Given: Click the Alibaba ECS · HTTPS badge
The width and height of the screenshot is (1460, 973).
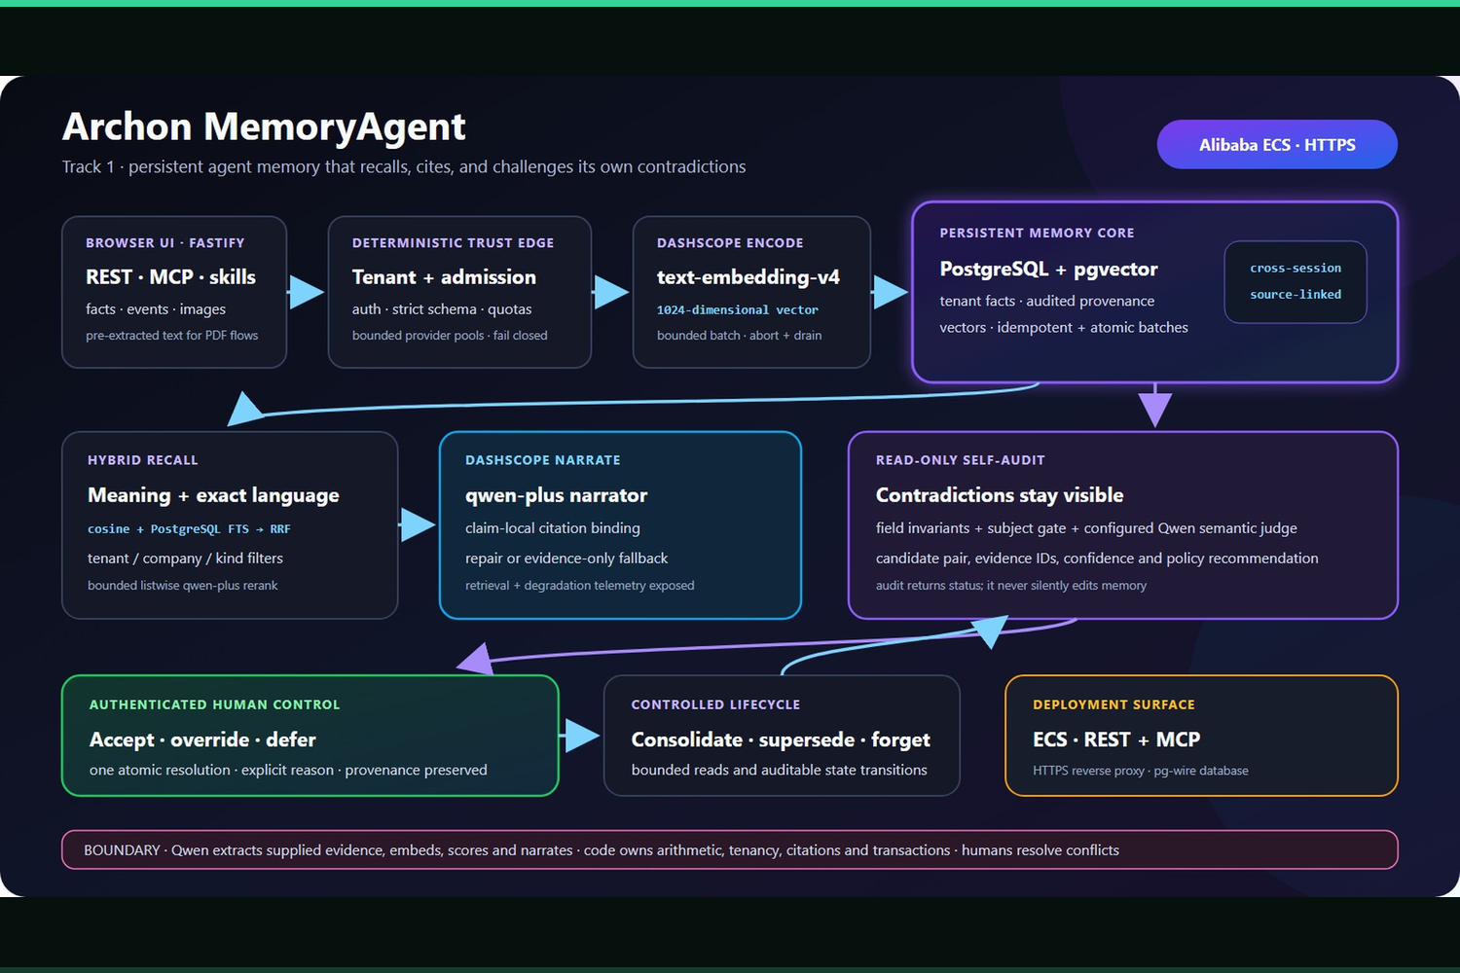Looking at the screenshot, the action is pyautogui.click(x=1277, y=144).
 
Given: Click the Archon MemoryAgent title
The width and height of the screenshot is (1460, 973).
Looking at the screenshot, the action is pyautogui.click(x=264, y=126).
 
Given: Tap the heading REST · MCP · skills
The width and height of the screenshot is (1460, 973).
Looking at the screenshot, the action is pyautogui.click(x=170, y=277).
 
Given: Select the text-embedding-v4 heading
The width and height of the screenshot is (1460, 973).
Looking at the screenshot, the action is pyautogui.click(x=748, y=277).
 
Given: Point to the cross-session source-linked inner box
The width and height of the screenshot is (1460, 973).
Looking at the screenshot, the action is pyautogui.click(x=1296, y=281).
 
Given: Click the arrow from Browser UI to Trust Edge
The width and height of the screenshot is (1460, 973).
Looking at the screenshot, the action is pyautogui.click(x=305, y=292).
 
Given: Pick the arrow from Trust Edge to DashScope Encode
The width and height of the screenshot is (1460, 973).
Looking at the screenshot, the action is pyautogui.click(x=610, y=292).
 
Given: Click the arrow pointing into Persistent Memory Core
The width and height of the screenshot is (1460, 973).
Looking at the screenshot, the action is pyautogui.click(x=890, y=292).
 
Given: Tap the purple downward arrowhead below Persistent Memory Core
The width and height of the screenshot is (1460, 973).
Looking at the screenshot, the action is pyautogui.click(x=1155, y=409).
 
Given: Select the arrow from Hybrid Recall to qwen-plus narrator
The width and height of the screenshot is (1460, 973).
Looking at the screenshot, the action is pyautogui.click(x=418, y=524).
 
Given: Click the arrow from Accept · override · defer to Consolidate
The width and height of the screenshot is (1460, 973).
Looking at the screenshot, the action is pyautogui.click(x=579, y=736).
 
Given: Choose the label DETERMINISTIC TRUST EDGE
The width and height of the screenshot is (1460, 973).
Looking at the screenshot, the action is pyautogui.click(x=453, y=243).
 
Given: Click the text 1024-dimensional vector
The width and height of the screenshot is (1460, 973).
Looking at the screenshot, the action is pyautogui.click(x=737, y=310).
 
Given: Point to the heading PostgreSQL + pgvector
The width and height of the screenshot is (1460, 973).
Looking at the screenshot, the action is pyautogui.click(x=1048, y=269).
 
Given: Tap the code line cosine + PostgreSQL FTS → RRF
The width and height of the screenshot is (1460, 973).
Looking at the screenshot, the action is pyautogui.click(x=189, y=529).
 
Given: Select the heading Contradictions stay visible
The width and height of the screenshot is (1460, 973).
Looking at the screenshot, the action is pyautogui.click(x=1000, y=495).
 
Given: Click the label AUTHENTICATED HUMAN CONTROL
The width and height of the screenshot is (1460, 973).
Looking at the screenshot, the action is pyautogui.click(x=214, y=704).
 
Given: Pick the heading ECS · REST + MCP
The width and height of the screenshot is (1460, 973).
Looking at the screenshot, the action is pyautogui.click(x=1116, y=739).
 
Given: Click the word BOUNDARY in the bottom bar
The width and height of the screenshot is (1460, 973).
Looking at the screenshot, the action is pyautogui.click(x=122, y=850).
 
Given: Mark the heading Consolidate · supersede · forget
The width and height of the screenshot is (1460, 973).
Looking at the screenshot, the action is pyautogui.click(x=781, y=739).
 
